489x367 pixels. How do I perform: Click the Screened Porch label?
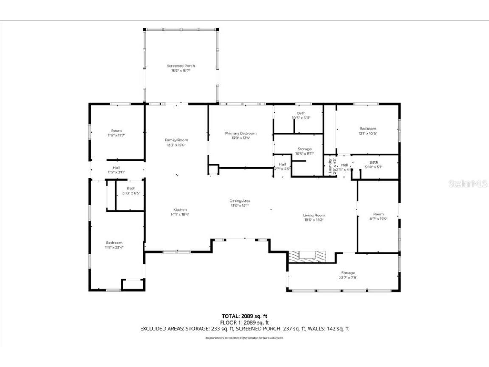[x=181, y=68]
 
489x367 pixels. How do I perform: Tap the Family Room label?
[x=176, y=142]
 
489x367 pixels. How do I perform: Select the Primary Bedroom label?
[x=241, y=135]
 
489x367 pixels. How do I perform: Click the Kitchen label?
[x=180, y=212]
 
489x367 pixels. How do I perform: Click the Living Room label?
[x=314, y=217]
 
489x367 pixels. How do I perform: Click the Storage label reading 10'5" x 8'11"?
[x=304, y=151]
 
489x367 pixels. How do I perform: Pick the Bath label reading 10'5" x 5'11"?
[x=301, y=115]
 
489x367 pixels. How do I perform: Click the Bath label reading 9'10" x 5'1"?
[x=374, y=164]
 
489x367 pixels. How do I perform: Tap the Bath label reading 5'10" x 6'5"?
[x=131, y=191]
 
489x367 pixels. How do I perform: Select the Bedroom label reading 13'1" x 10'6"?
[x=368, y=131]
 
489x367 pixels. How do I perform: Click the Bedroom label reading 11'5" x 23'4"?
[x=114, y=245]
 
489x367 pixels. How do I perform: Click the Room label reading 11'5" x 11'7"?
[x=116, y=133]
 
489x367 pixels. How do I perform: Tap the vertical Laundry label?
[x=329, y=166]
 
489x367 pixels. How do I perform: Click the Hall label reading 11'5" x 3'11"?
[x=116, y=169]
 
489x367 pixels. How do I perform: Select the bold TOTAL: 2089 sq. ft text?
[x=244, y=316]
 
